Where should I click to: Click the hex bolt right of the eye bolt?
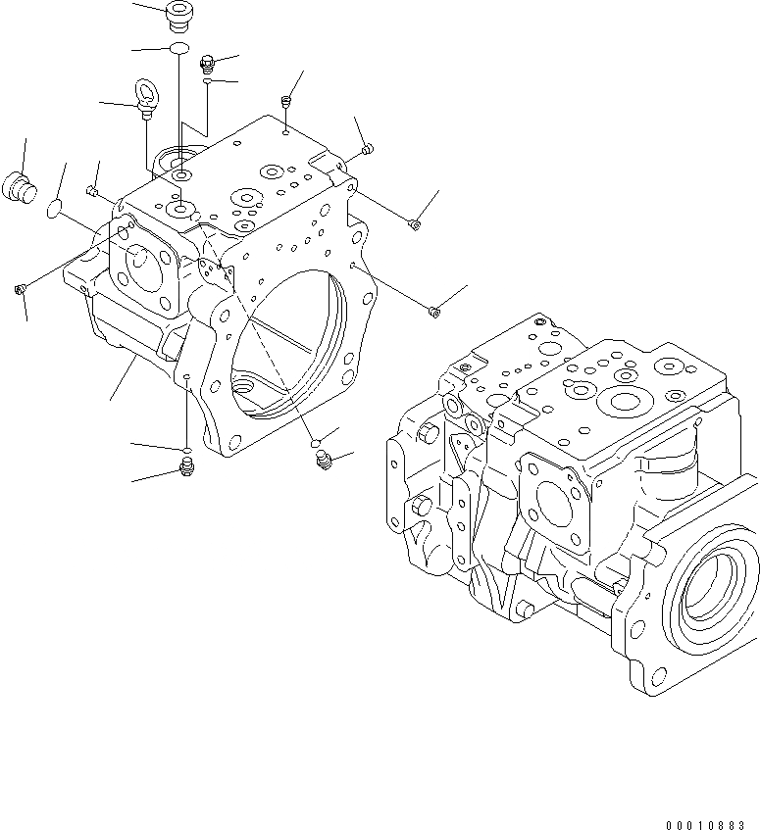pos(207,65)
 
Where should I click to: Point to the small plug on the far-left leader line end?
pos(20,288)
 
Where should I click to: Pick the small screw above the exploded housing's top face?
pos(286,102)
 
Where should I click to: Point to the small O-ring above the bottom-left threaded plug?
pos(185,450)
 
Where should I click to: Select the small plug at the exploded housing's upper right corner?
pos(367,150)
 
